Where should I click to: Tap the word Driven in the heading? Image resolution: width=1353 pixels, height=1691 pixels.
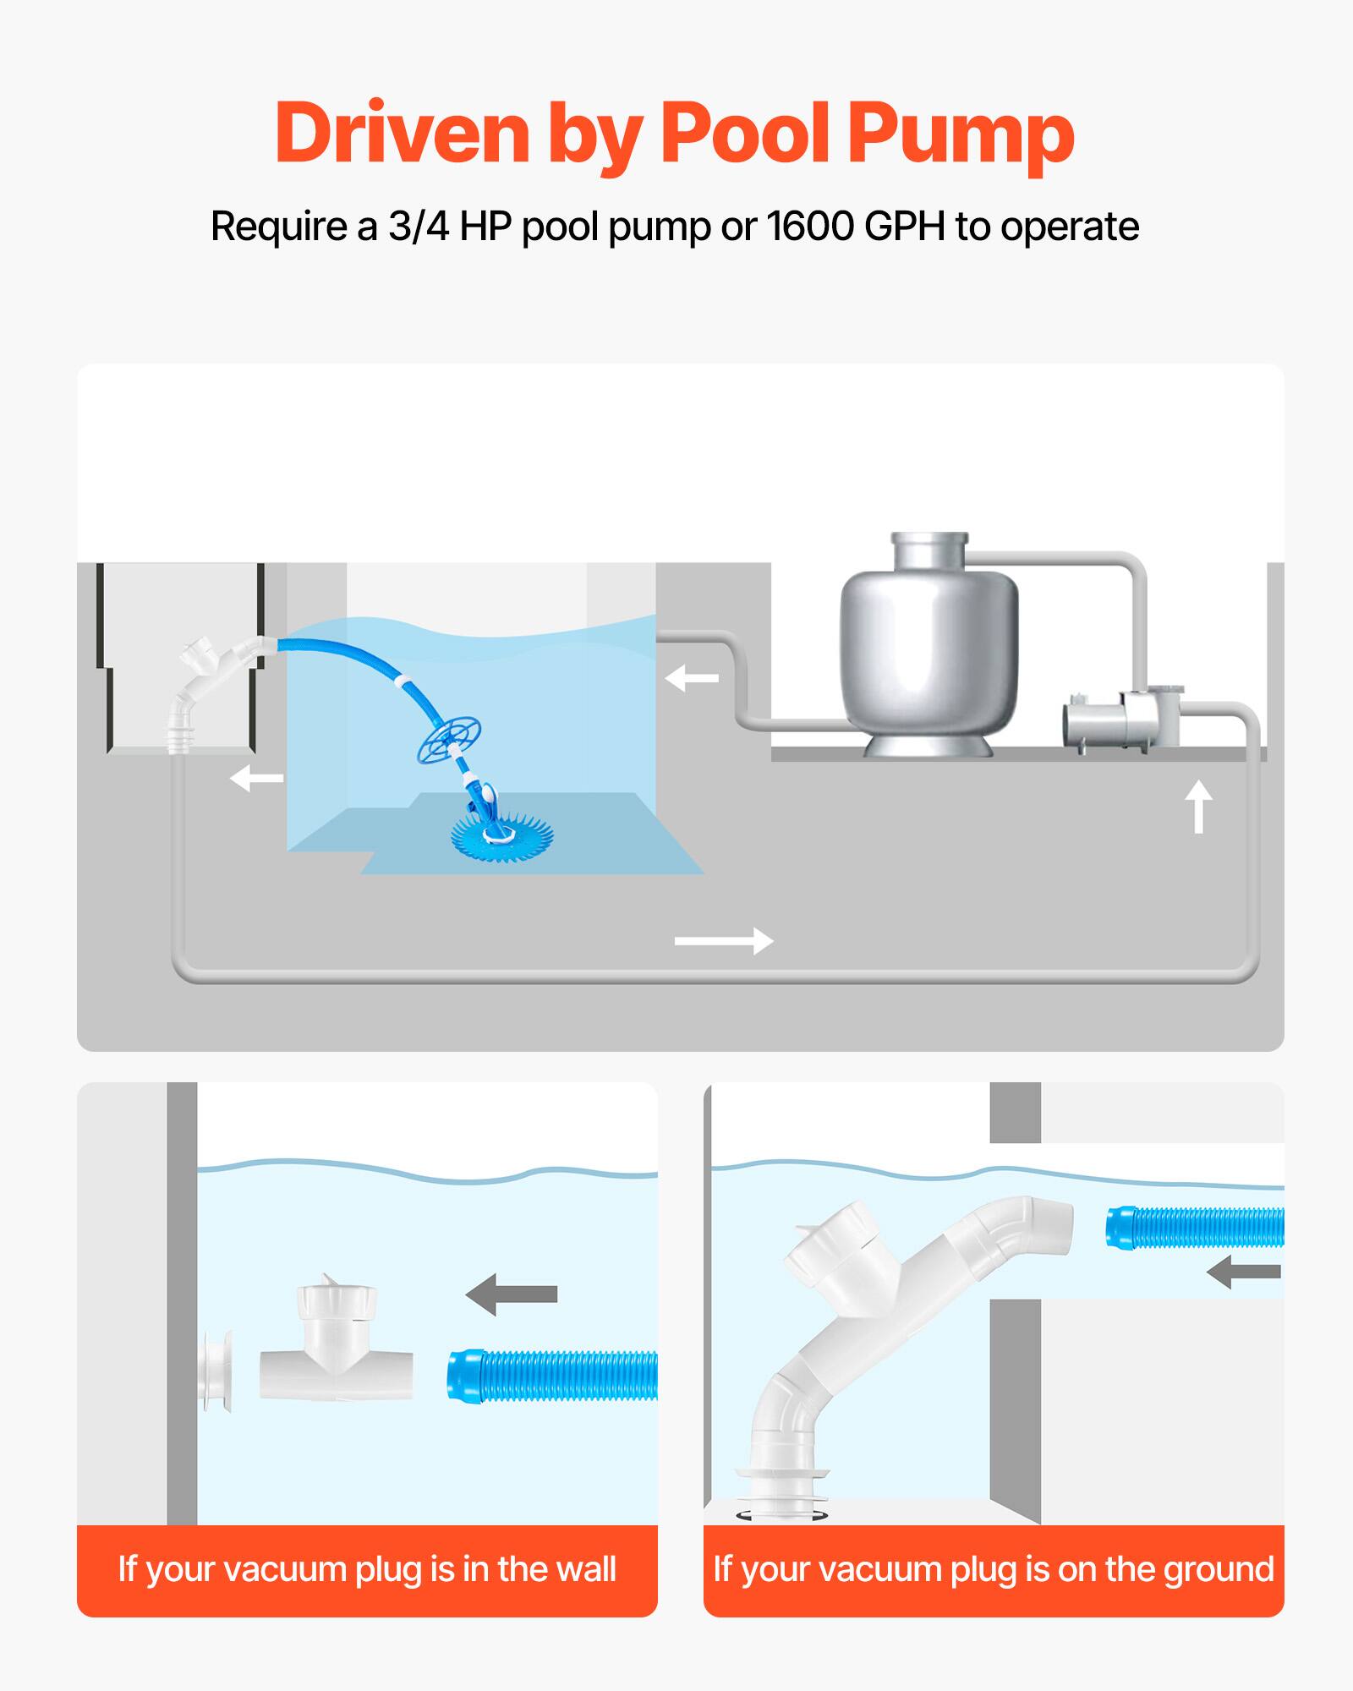click(x=402, y=134)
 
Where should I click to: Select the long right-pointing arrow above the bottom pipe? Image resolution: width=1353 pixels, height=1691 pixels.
click(x=724, y=940)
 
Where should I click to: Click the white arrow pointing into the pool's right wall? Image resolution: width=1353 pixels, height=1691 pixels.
click(x=692, y=678)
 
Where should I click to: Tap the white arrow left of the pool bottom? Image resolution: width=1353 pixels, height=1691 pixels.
click(x=256, y=778)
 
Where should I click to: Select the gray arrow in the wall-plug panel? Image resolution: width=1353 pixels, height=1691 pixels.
click(x=512, y=1293)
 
